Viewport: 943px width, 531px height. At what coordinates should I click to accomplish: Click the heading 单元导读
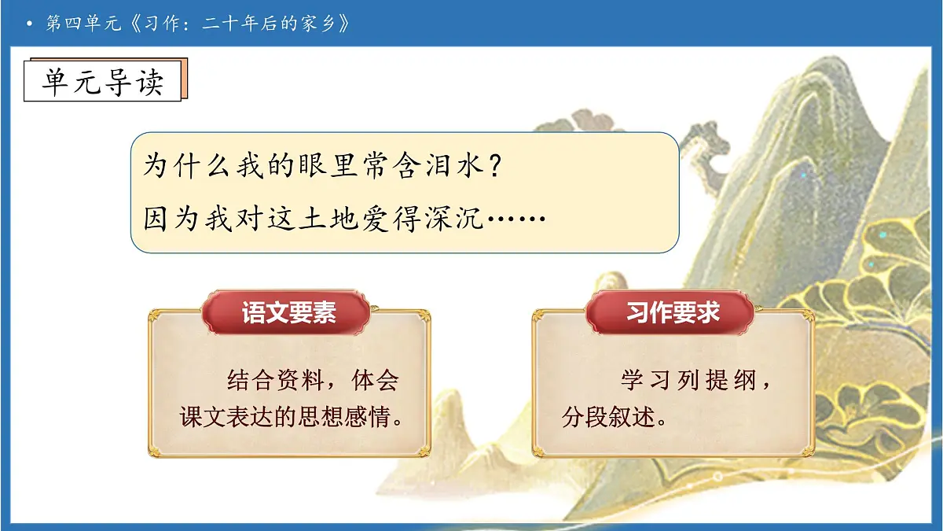[102, 79]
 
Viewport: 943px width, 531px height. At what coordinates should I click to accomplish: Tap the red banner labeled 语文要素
[288, 313]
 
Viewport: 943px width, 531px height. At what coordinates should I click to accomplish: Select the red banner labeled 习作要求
[673, 313]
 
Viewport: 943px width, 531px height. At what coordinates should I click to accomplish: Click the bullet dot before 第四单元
[29, 24]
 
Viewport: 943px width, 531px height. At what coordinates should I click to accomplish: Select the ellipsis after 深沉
[516, 217]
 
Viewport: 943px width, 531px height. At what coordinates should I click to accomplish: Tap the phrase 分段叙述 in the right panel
[609, 416]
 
